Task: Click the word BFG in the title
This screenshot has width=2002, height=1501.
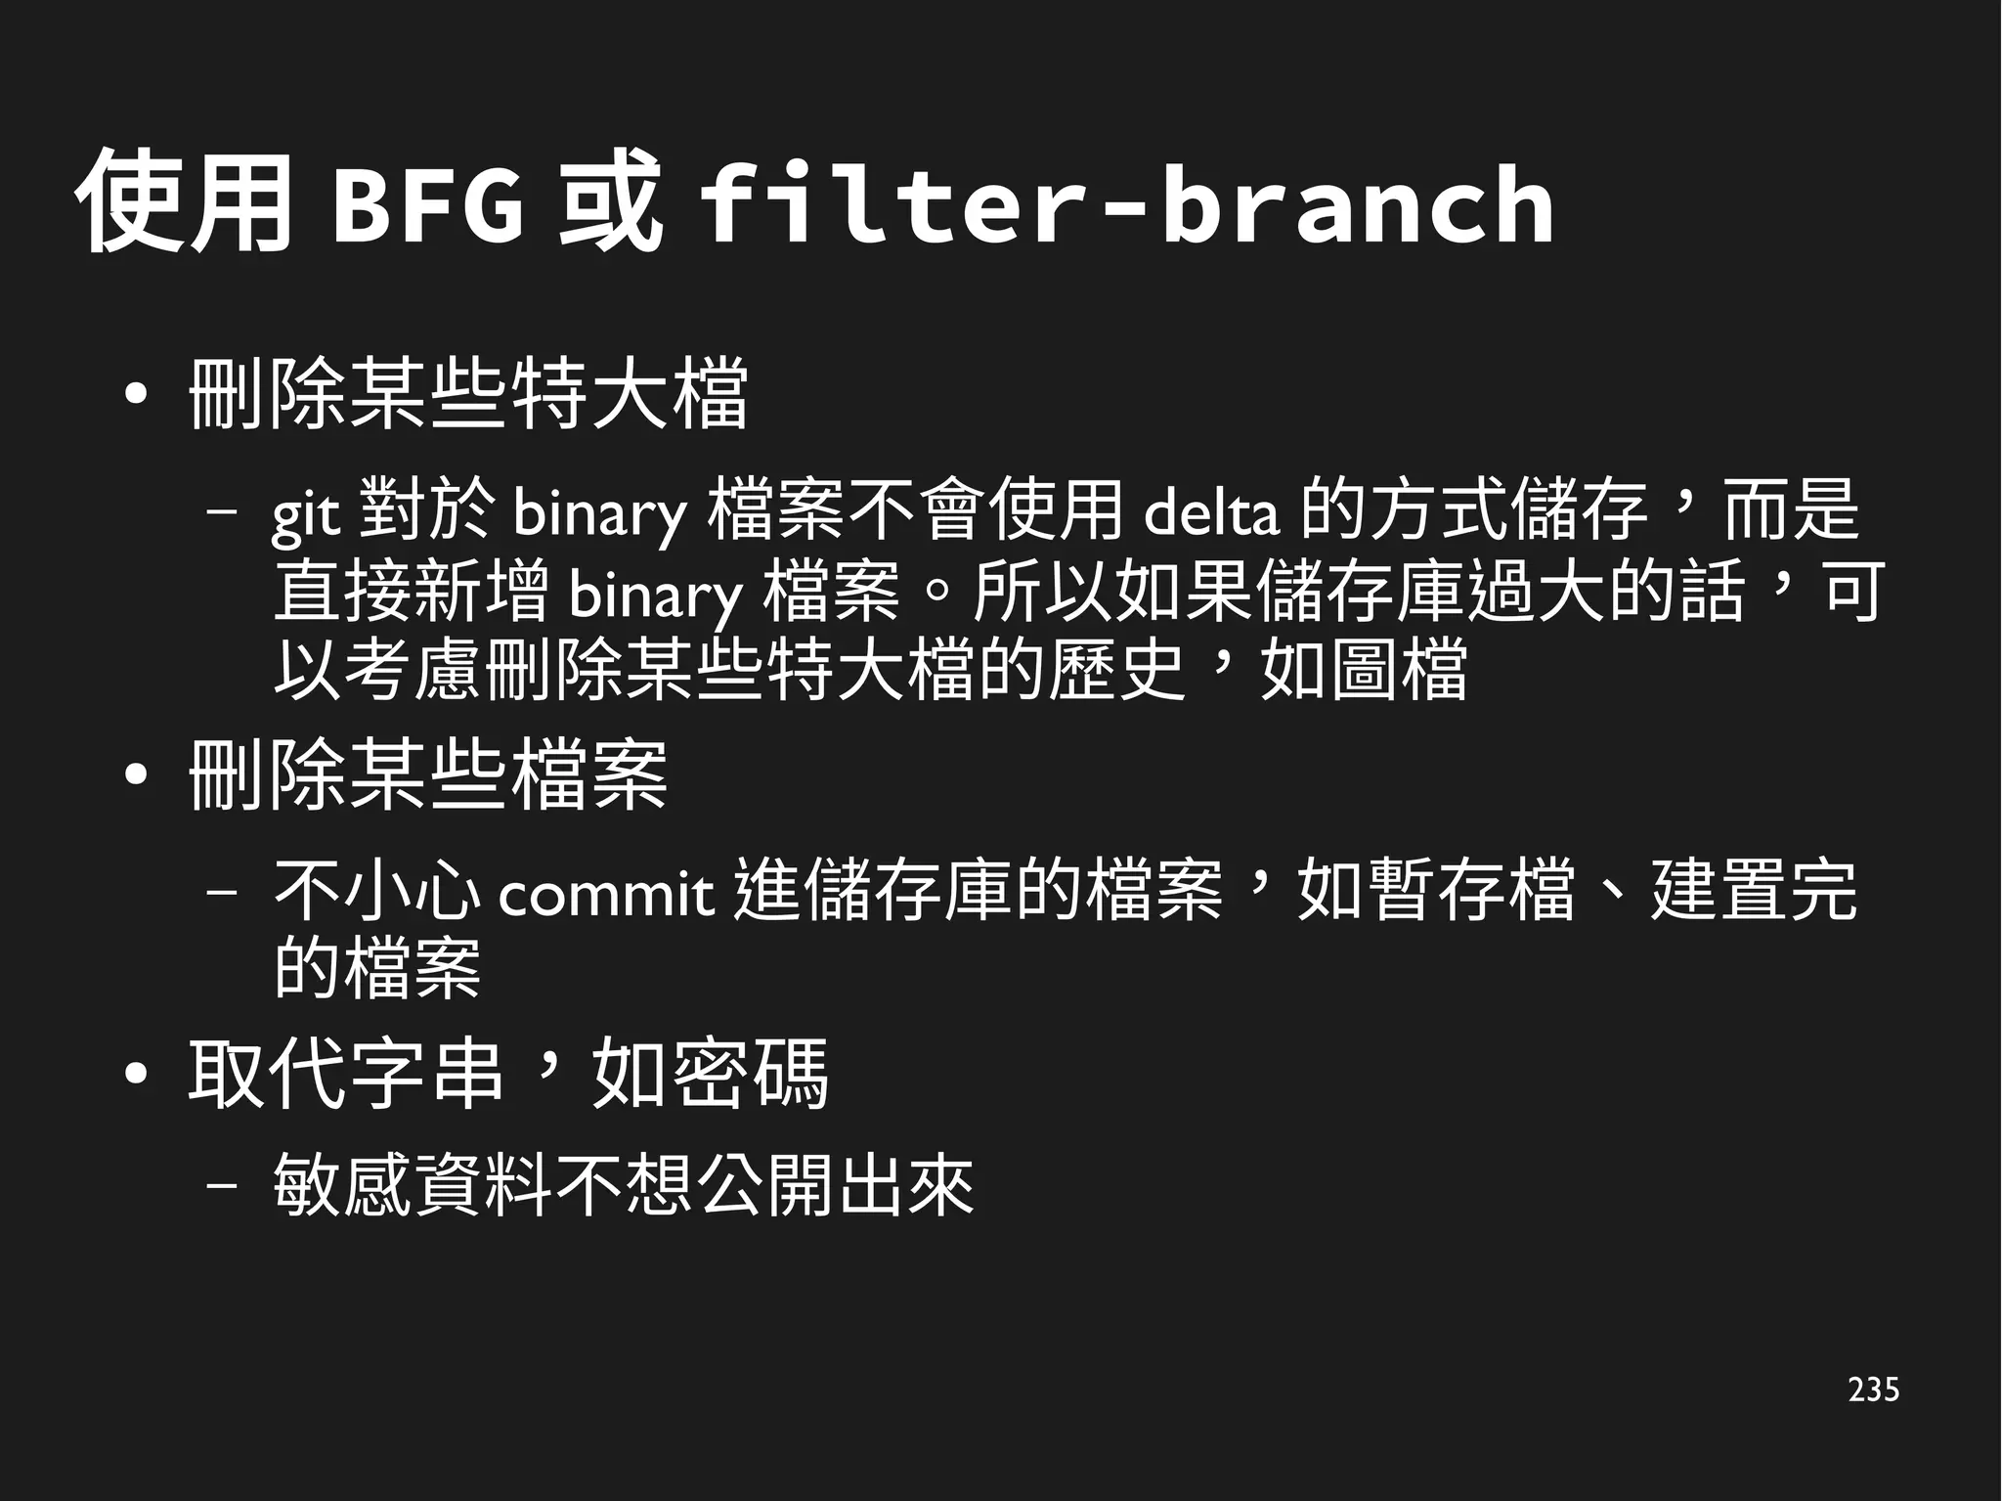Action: point(427,205)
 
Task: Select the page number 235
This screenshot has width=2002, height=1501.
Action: point(1873,1389)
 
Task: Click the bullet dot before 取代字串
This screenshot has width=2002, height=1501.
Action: point(137,1076)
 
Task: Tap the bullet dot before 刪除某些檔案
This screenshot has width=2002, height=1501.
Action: point(137,776)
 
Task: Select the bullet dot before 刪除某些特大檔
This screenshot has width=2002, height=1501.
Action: point(137,395)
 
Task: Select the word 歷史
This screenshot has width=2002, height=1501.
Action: point(1116,671)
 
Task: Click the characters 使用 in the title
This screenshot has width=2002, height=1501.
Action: point(184,203)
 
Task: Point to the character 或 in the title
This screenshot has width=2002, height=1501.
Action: point(609,203)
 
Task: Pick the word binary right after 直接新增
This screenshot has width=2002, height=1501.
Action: point(655,593)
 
